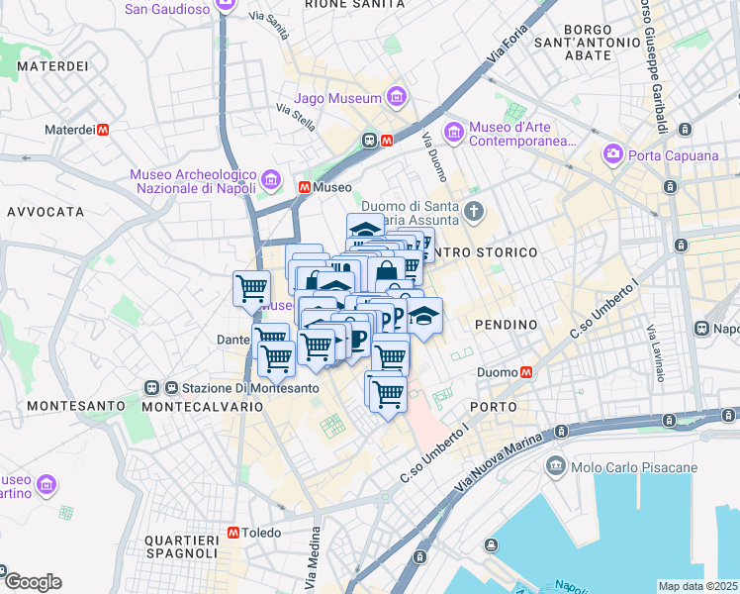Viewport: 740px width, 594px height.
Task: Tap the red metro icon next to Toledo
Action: (x=232, y=532)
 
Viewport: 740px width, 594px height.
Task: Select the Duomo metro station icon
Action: (x=526, y=372)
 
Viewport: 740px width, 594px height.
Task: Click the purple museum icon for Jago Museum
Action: (x=396, y=98)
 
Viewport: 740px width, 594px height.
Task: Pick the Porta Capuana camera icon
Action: (x=613, y=154)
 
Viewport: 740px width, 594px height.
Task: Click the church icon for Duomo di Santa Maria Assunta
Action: (x=475, y=210)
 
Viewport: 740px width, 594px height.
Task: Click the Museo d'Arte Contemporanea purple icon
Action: (x=453, y=131)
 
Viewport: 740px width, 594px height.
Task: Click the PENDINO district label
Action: (x=506, y=325)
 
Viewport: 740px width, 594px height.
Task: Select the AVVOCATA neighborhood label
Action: (x=46, y=212)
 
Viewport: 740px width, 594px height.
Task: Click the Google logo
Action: (x=32, y=582)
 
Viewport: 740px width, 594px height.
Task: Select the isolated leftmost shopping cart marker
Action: (x=251, y=288)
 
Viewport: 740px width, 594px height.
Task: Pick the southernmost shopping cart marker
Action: (x=389, y=393)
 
